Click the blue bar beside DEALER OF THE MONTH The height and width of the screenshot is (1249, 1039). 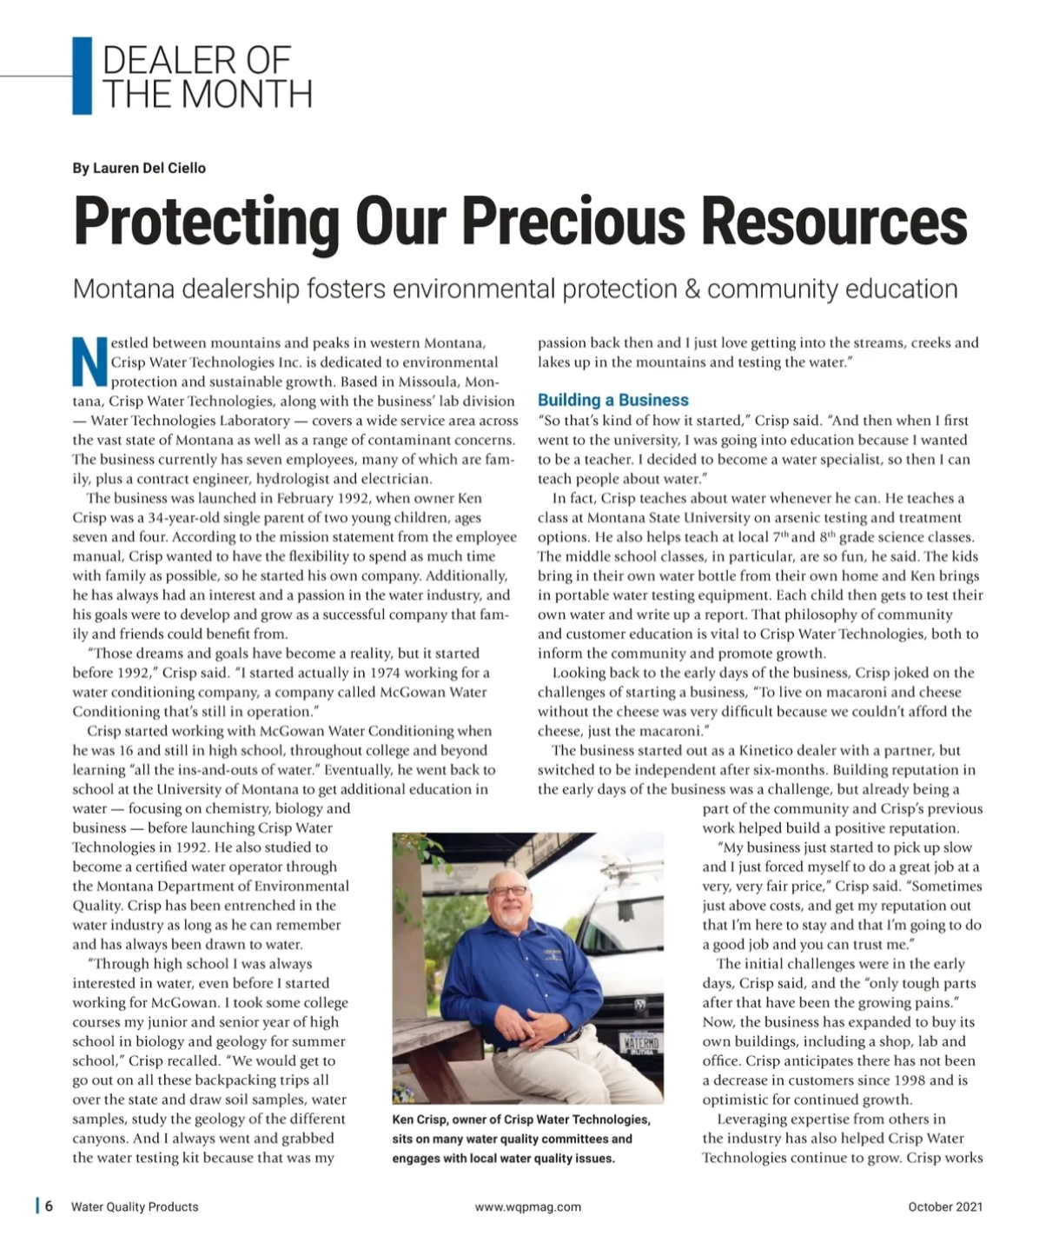pyautogui.click(x=82, y=76)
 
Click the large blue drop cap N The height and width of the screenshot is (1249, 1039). pyautogui.click(x=89, y=362)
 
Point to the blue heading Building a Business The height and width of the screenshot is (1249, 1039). pyautogui.click(x=612, y=400)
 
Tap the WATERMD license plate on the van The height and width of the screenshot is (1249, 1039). pyautogui.click(x=639, y=1042)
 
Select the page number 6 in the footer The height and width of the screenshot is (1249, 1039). pyautogui.click(x=50, y=1206)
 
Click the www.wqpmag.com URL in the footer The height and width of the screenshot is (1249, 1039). pyautogui.click(x=527, y=1206)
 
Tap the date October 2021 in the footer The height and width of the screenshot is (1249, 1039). pyautogui.click(x=945, y=1206)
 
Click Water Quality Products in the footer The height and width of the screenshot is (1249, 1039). pyautogui.click(x=135, y=1206)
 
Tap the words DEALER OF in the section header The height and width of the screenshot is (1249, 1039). pyautogui.click(x=196, y=61)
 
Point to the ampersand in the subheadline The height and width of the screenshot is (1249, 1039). pyautogui.click(x=692, y=289)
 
